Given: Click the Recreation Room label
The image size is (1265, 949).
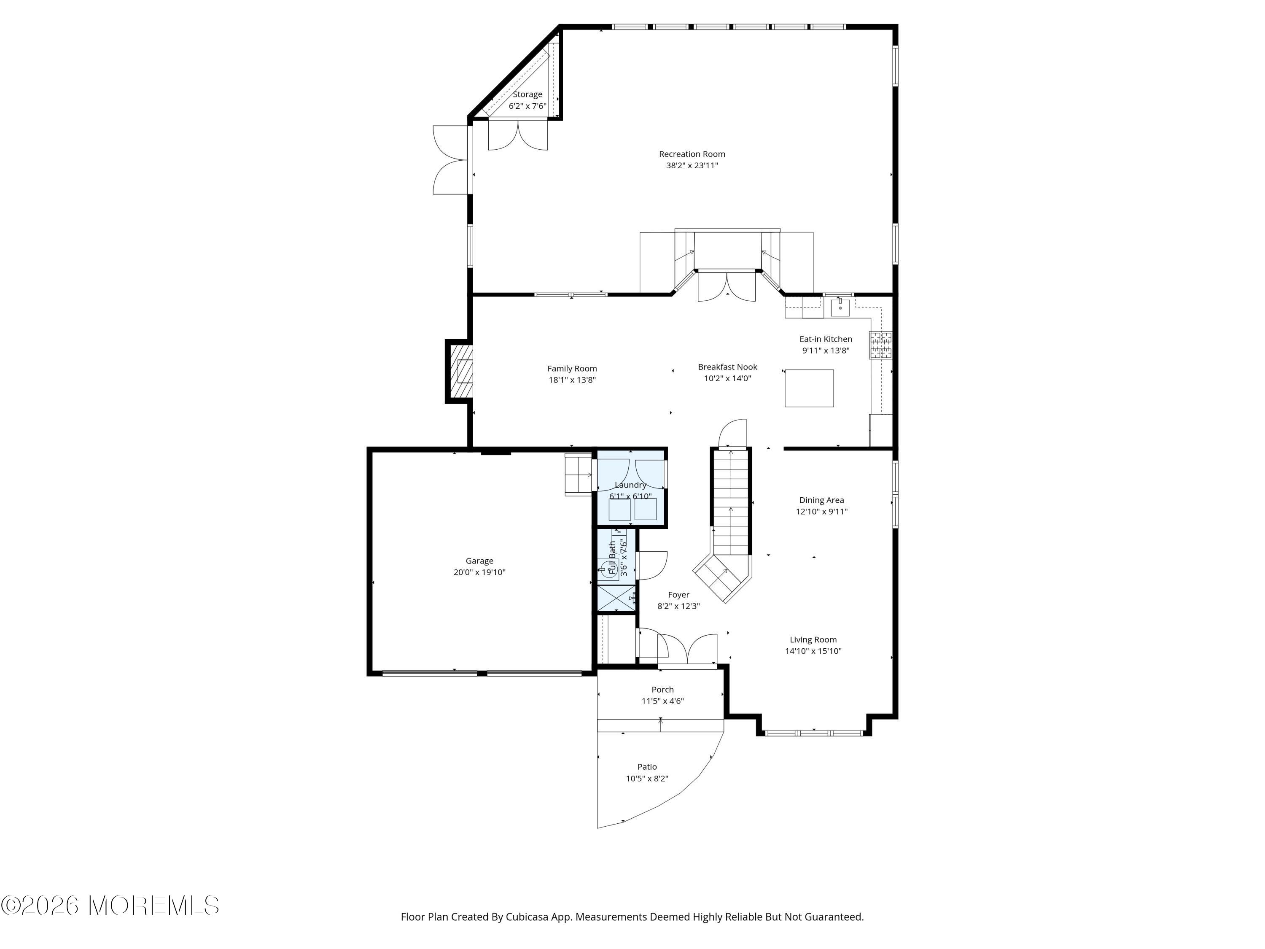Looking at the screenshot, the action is [x=692, y=154].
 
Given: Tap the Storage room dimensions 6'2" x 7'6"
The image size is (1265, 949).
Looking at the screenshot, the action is [x=527, y=106].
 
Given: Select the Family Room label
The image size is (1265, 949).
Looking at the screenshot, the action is [x=572, y=368].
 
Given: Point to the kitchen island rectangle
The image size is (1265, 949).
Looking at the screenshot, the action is [x=809, y=388].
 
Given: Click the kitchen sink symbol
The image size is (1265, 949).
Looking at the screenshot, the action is [x=840, y=307].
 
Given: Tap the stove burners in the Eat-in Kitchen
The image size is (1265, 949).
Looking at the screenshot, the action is [x=881, y=345].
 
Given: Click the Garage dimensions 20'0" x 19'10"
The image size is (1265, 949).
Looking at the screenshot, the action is [x=479, y=572].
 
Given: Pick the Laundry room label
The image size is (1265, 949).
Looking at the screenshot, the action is [x=630, y=485].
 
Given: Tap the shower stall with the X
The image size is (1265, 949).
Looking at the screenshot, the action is [x=616, y=599].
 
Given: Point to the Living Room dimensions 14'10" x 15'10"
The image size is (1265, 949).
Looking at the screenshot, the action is [x=813, y=651].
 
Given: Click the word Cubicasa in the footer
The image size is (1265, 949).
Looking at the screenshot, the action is [x=527, y=917].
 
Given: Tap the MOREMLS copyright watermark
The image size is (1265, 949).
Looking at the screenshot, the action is [x=110, y=906].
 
